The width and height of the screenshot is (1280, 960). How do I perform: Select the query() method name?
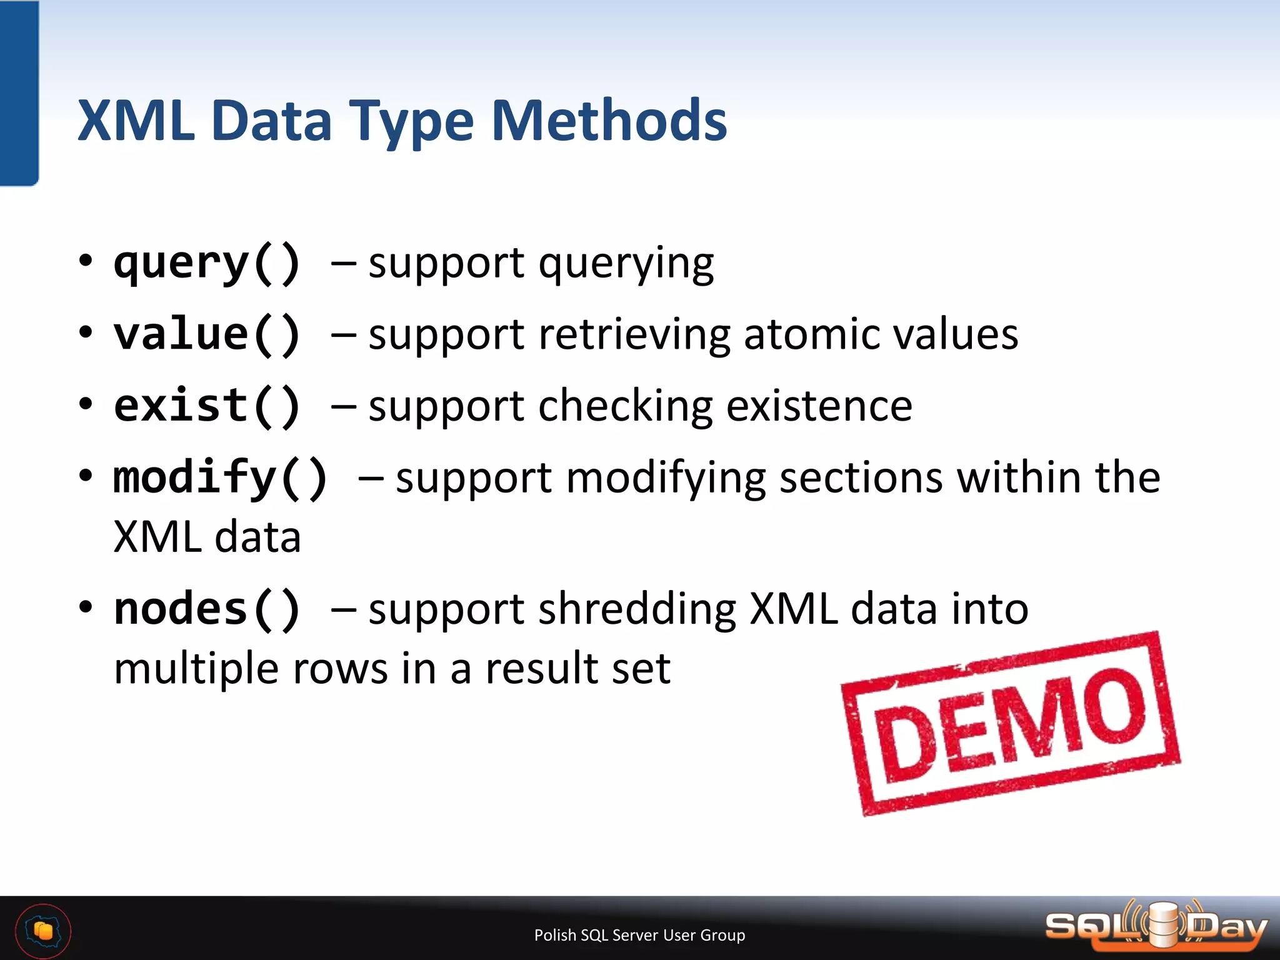[x=207, y=264]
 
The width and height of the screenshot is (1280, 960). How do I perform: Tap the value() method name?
[x=207, y=334]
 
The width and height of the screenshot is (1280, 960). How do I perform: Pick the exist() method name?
[x=207, y=406]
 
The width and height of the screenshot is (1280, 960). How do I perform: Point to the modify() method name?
[x=220, y=478]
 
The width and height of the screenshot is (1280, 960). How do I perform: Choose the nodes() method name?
[x=207, y=609]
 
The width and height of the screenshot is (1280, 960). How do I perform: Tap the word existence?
[x=819, y=406]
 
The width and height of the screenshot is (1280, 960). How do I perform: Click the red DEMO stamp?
[x=1010, y=724]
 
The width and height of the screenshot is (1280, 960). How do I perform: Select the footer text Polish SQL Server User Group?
[x=639, y=935]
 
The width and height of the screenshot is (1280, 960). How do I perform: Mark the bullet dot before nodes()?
[x=86, y=606]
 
